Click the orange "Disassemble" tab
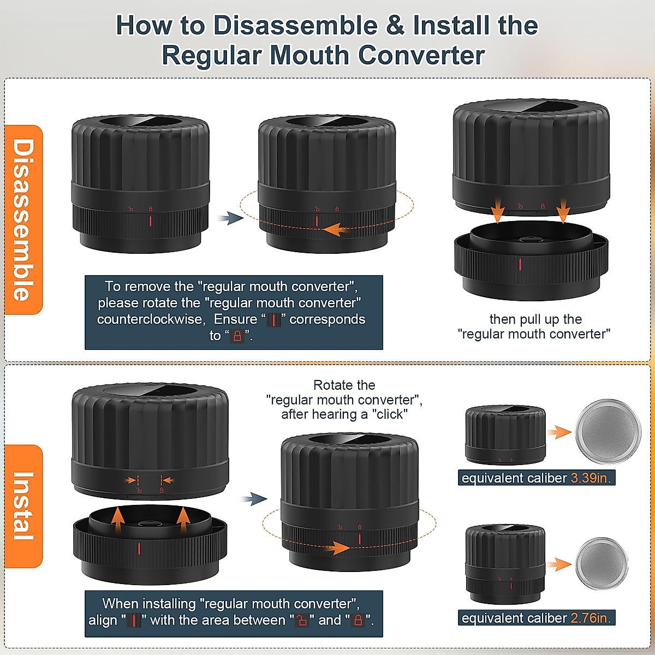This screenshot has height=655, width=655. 23,219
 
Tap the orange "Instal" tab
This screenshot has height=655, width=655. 23,506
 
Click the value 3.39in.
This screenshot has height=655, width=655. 591,478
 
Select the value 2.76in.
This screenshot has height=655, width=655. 591,618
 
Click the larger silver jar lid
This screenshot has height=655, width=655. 608,431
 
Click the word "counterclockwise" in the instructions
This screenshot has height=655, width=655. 151,319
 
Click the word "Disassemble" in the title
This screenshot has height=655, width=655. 295,26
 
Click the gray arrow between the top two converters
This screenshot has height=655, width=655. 229,219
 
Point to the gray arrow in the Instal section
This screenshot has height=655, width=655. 254,498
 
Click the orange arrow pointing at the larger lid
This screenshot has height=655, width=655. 559,432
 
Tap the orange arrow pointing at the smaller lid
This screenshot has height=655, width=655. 559,564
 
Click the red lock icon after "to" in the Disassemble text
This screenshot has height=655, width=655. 237,336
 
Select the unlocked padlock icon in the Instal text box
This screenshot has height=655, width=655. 302,621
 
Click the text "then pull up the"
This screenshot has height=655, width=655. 535,319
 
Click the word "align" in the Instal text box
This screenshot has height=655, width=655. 103,621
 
